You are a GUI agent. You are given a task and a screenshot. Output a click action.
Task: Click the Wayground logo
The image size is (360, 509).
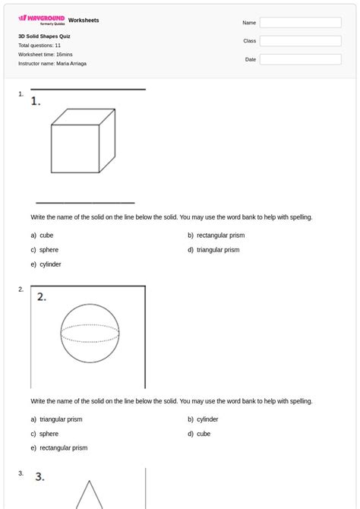click(42, 20)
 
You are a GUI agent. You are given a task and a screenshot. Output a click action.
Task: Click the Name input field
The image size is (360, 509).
click(300, 23)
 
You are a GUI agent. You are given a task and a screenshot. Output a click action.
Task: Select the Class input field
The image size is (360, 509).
click(300, 41)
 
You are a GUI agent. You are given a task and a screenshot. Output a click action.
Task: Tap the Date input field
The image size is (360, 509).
click(300, 59)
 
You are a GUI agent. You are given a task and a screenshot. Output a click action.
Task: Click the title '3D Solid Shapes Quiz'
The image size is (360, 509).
click(45, 36)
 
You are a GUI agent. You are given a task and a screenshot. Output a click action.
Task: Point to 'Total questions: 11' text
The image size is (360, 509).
click(39, 46)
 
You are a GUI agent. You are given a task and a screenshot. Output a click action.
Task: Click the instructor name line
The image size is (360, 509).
click(52, 64)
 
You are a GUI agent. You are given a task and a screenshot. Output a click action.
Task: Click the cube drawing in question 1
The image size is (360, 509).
click(82, 144)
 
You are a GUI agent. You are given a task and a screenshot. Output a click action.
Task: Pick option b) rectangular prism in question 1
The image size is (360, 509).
click(219, 236)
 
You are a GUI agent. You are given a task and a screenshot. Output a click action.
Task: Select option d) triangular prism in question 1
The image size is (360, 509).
click(217, 250)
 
